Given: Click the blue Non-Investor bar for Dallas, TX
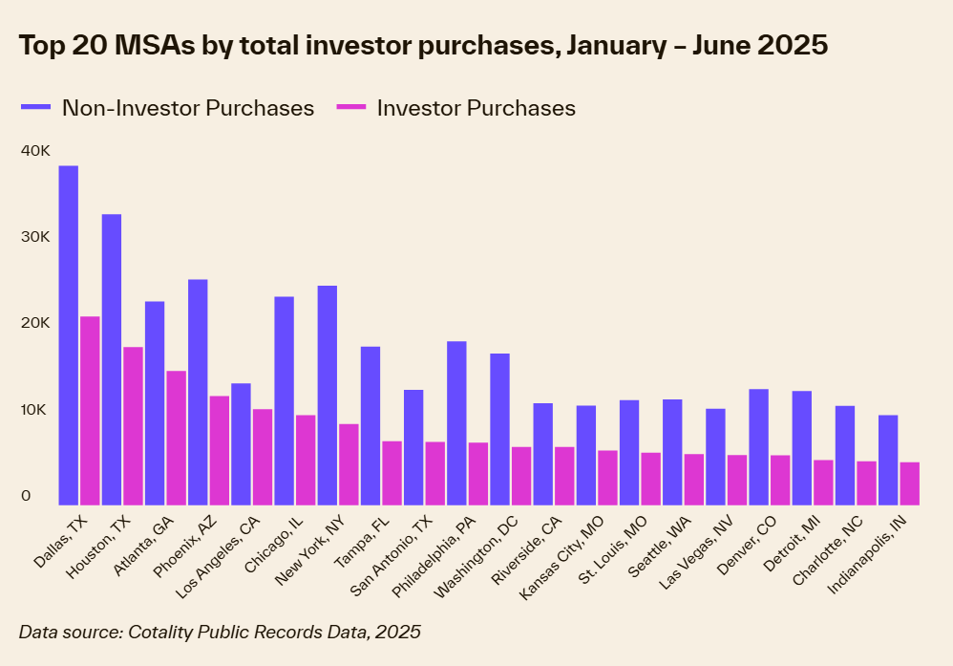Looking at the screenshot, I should (68, 334).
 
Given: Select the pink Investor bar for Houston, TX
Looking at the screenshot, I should (133, 425).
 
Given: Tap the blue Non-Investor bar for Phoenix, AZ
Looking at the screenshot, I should (198, 392).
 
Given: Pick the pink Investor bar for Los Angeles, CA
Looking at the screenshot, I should (263, 457).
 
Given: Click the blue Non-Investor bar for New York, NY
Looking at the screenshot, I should (328, 395).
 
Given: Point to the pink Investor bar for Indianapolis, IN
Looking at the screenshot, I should (909, 483).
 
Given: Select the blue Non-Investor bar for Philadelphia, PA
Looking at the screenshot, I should (456, 422).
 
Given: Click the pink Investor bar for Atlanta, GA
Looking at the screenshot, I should (177, 438).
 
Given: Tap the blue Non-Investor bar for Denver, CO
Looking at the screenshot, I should (758, 446).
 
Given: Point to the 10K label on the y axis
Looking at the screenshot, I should (33, 409).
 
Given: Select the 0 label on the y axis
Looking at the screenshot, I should (26, 495).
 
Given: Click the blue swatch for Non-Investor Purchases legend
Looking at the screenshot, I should (36, 108).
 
